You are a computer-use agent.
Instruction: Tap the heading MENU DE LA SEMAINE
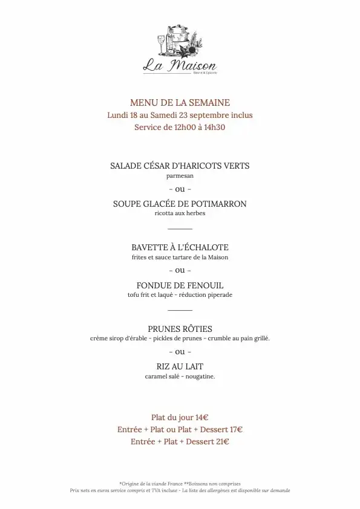click(x=180, y=103)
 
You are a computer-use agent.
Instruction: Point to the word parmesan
click(x=180, y=176)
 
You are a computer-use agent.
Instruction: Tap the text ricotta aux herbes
click(x=180, y=214)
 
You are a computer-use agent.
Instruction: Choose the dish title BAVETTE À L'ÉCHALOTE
click(x=180, y=247)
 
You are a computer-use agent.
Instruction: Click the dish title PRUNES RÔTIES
click(x=180, y=329)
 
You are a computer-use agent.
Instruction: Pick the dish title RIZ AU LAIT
click(x=180, y=366)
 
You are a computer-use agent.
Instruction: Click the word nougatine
click(x=200, y=377)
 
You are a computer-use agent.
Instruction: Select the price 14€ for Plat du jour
click(x=202, y=417)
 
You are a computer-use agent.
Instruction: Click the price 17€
click(x=236, y=430)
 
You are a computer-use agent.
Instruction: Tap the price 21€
click(x=222, y=442)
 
